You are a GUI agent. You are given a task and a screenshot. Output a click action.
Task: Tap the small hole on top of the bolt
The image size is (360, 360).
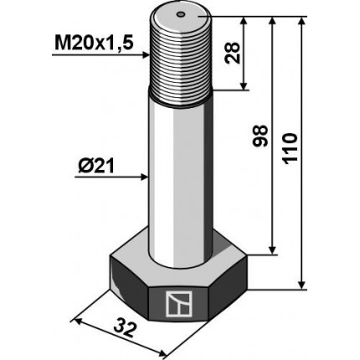(x=182, y=13)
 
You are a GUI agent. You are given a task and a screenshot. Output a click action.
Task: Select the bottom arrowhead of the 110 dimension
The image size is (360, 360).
(x=302, y=285)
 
